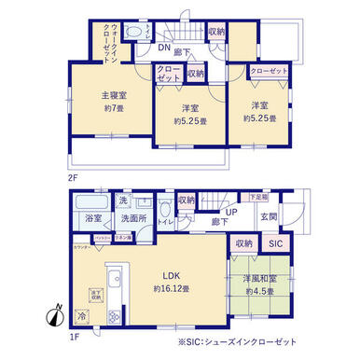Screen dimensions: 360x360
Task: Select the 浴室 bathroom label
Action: click(94, 217)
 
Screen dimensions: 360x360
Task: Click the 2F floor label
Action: click(73, 174)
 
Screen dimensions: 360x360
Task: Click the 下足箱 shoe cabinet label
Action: click(257, 197)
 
